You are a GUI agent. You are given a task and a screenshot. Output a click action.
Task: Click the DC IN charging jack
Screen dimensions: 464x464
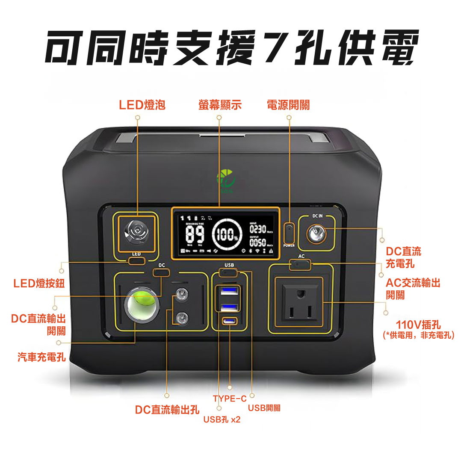316,234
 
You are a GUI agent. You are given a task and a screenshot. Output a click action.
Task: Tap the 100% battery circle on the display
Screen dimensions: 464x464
227,234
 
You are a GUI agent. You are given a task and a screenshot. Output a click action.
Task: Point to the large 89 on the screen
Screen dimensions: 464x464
195,234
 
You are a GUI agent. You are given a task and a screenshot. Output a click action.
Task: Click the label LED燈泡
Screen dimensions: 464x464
142,105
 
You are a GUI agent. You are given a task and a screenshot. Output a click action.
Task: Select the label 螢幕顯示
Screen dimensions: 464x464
220,105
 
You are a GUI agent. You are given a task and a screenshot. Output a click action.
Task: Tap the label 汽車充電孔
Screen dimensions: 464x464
41,357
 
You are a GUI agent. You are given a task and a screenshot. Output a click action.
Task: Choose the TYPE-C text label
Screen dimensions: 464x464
230,399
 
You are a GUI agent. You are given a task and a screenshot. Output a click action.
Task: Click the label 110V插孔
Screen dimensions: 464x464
418,325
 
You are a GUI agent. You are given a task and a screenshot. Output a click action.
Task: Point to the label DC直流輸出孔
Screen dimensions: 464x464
167,410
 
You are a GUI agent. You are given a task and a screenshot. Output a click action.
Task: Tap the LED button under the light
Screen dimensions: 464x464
136,260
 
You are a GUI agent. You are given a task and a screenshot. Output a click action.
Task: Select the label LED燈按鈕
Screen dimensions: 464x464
39,283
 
